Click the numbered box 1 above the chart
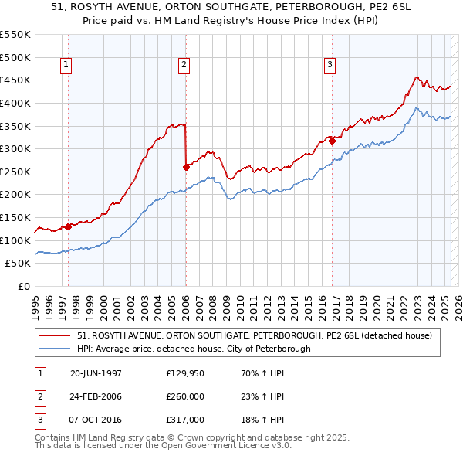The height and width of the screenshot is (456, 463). tap(66, 66)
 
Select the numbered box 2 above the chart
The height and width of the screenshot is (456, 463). tap(184, 66)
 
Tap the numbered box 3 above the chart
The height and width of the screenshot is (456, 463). tap(330, 66)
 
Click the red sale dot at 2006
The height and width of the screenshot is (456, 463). tap(186, 166)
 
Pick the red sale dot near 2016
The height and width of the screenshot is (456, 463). tap(332, 141)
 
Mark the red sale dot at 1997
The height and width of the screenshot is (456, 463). tap(68, 226)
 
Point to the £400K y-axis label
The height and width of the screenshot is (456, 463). tap(15, 103)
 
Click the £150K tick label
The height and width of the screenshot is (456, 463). tap(15, 217)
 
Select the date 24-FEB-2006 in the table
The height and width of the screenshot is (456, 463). tap(96, 396)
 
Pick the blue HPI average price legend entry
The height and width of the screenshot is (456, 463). tap(194, 349)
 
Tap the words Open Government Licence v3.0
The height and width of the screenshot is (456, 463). tap(228, 446)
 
